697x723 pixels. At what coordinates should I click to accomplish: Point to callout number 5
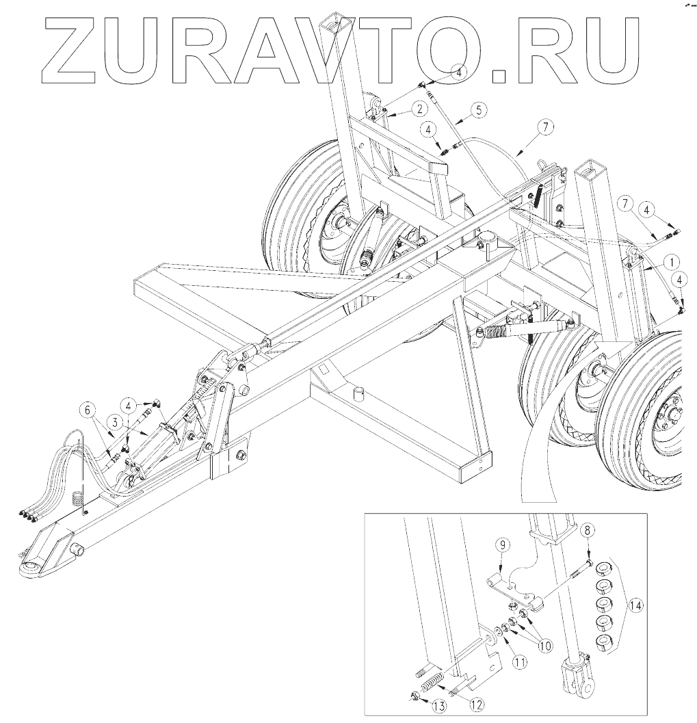point(477,109)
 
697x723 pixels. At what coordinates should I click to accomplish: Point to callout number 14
point(636,605)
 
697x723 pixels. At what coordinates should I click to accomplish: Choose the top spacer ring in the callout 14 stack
point(605,570)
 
